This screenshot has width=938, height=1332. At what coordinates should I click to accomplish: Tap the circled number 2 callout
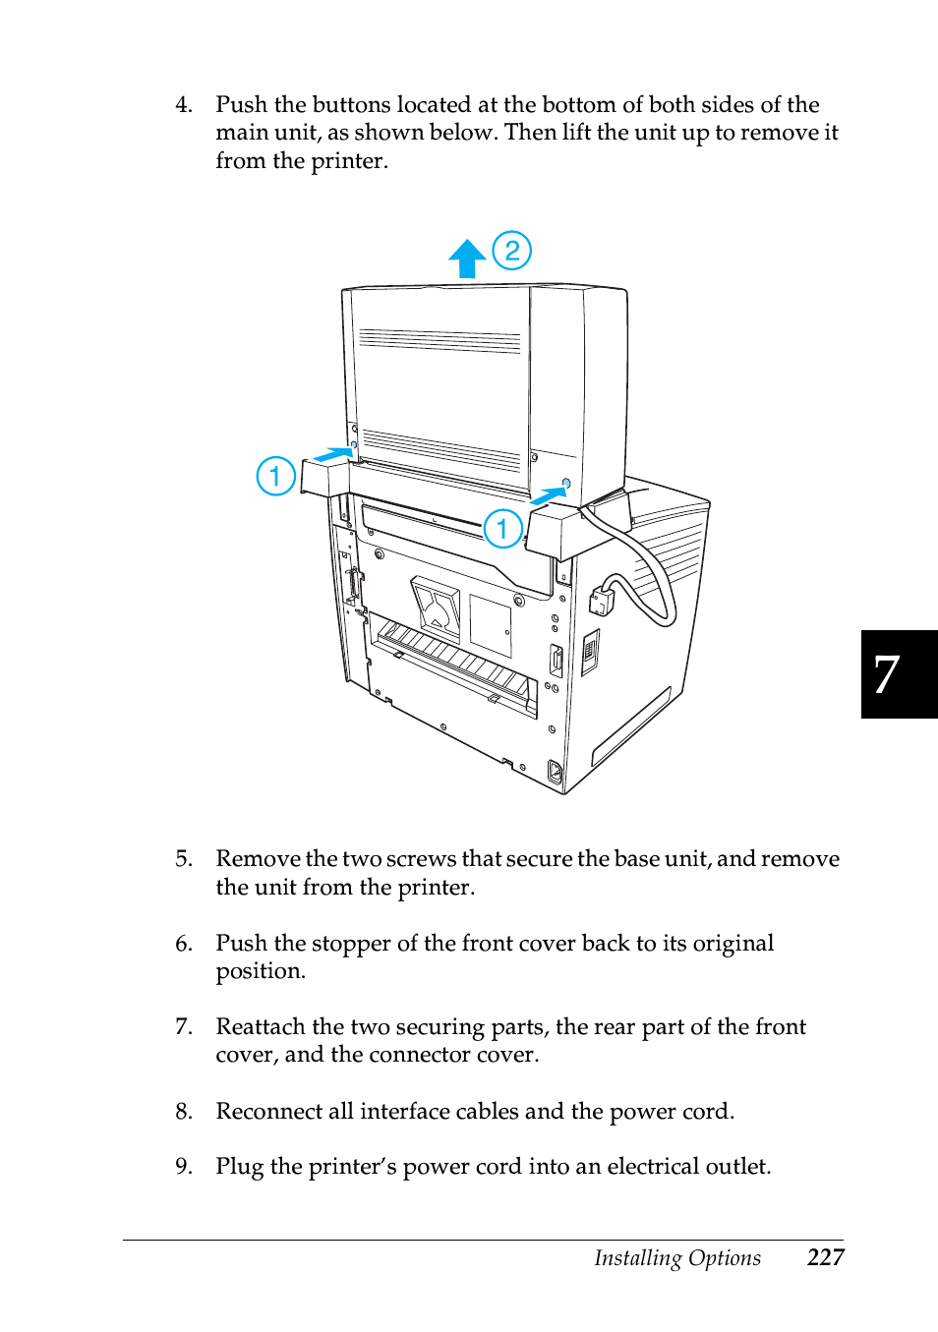click(x=511, y=251)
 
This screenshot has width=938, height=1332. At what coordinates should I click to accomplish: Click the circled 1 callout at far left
click(x=276, y=477)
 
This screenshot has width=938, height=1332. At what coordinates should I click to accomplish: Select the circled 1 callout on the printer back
click(x=502, y=529)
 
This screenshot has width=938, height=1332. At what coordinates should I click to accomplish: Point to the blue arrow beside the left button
click(x=333, y=455)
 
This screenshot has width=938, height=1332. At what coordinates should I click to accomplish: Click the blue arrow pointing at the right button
click(x=549, y=496)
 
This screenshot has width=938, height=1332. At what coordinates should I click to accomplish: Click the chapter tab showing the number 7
click(x=898, y=674)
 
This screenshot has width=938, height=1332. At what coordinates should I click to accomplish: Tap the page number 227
click(x=825, y=1257)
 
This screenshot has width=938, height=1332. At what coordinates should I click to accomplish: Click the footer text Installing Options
click(x=676, y=1258)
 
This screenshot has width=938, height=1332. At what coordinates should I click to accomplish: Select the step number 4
click(x=183, y=105)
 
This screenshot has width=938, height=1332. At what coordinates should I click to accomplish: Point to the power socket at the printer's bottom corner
click(x=555, y=774)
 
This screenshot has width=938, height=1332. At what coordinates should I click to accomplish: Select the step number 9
click(x=183, y=1167)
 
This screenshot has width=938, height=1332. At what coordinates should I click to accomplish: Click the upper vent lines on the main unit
click(x=440, y=341)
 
